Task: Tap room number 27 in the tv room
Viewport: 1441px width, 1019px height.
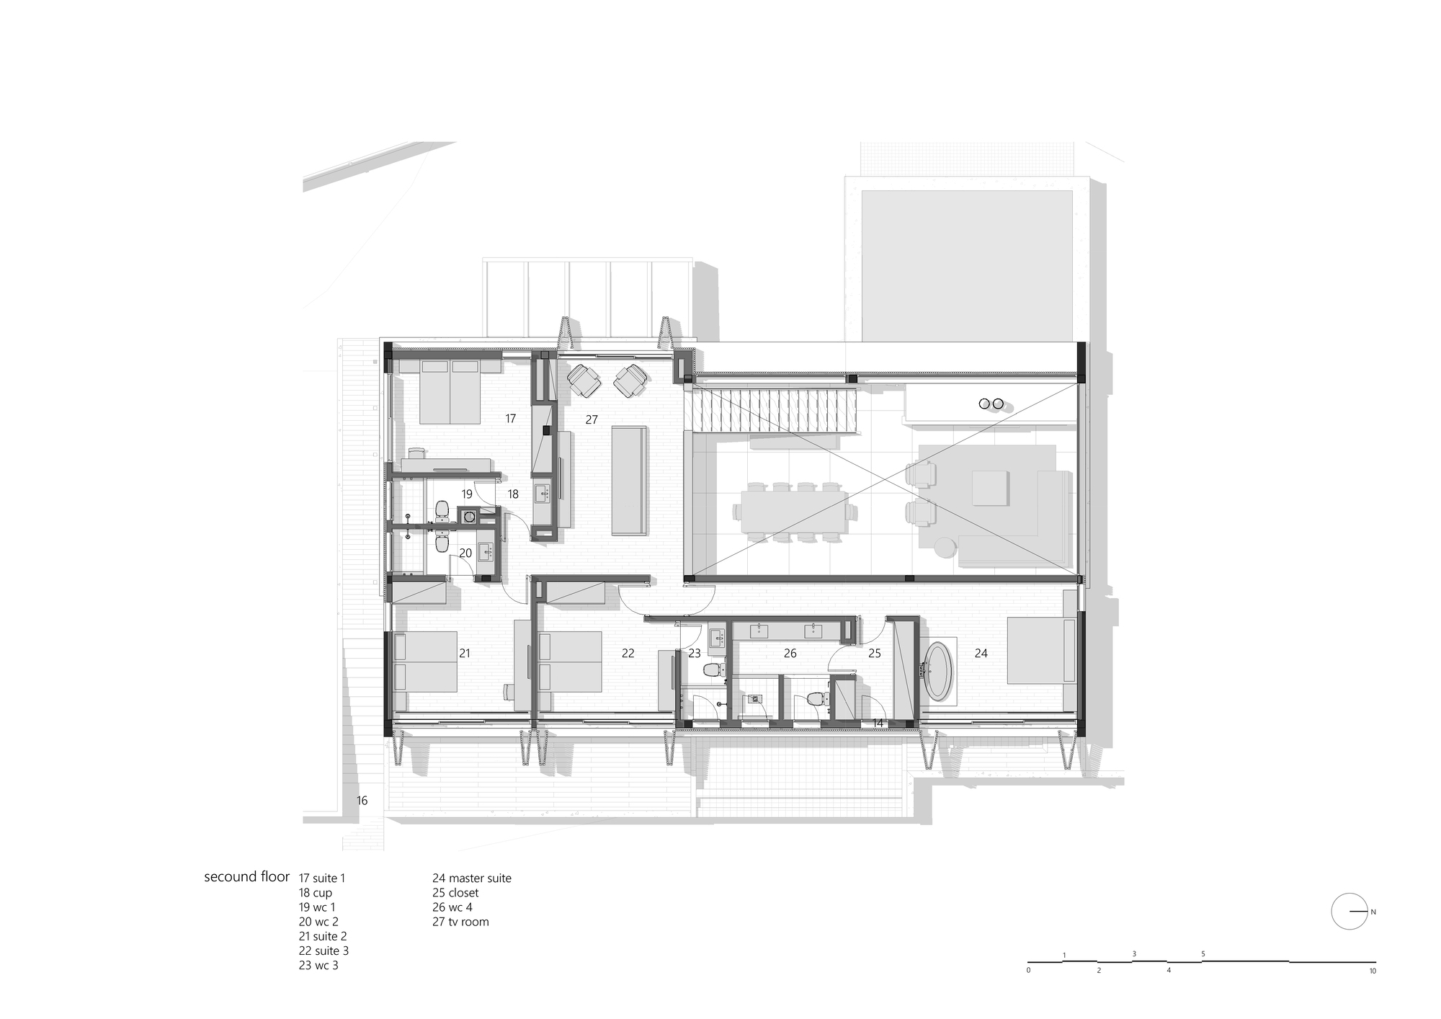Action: (592, 419)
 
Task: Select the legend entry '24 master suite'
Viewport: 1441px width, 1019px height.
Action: (471, 878)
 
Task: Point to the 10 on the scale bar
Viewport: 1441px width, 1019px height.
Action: (1373, 971)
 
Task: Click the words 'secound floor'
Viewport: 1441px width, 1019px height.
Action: (246, 877)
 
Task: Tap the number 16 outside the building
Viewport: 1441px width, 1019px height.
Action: (362, 800)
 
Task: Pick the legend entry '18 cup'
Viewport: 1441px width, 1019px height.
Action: (316, 893)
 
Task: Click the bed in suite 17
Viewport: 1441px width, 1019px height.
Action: (450, 392)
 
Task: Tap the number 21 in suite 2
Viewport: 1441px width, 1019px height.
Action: (465, 653)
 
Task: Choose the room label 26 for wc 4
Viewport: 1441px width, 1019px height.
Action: (790, 653)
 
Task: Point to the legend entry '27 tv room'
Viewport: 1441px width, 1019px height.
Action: (460, 922)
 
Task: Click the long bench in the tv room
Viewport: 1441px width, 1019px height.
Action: (629, 480)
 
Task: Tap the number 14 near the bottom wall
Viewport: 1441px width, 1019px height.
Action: (878, 723)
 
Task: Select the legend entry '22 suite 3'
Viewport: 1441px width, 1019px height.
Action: (324, 951)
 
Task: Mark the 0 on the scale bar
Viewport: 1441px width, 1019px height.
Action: (1028, 971)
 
